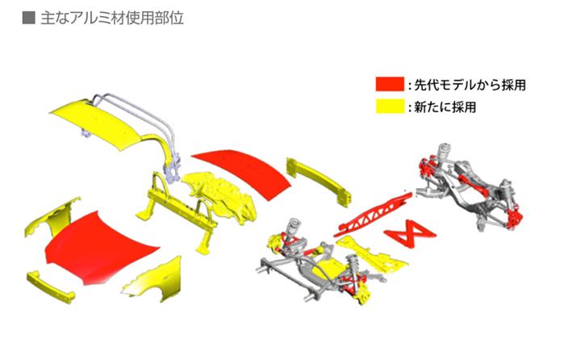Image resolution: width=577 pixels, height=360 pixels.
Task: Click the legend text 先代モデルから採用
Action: [x=472, y=84]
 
